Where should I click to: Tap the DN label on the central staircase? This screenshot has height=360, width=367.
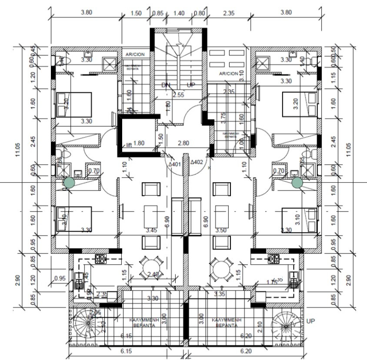pos(165,84)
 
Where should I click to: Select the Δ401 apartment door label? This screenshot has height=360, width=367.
pos(175,165)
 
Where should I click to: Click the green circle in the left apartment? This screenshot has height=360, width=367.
pos(69,183)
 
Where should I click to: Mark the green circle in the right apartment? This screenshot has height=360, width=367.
pos(297,183)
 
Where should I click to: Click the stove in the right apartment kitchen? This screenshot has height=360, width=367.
pos(274,259)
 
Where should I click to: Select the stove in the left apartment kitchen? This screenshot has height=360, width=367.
pos(100,259)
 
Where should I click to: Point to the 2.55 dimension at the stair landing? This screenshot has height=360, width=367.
pos(178,94)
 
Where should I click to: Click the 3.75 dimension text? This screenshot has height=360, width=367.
pos(223,116)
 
